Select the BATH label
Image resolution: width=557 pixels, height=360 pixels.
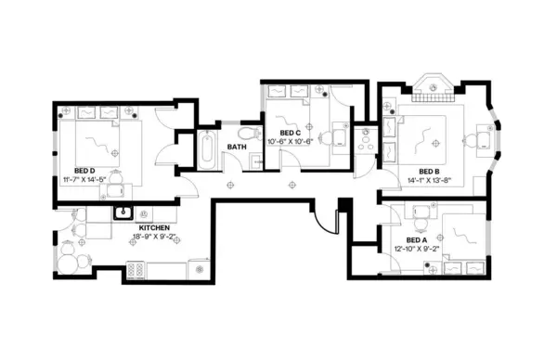[238, 147]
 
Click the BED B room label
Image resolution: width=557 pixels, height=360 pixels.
[428, 171]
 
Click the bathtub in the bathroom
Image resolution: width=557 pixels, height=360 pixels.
[207, 149]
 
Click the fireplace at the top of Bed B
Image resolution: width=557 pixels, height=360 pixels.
[432, 91]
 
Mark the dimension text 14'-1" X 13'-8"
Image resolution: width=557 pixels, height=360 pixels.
[428, 181]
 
